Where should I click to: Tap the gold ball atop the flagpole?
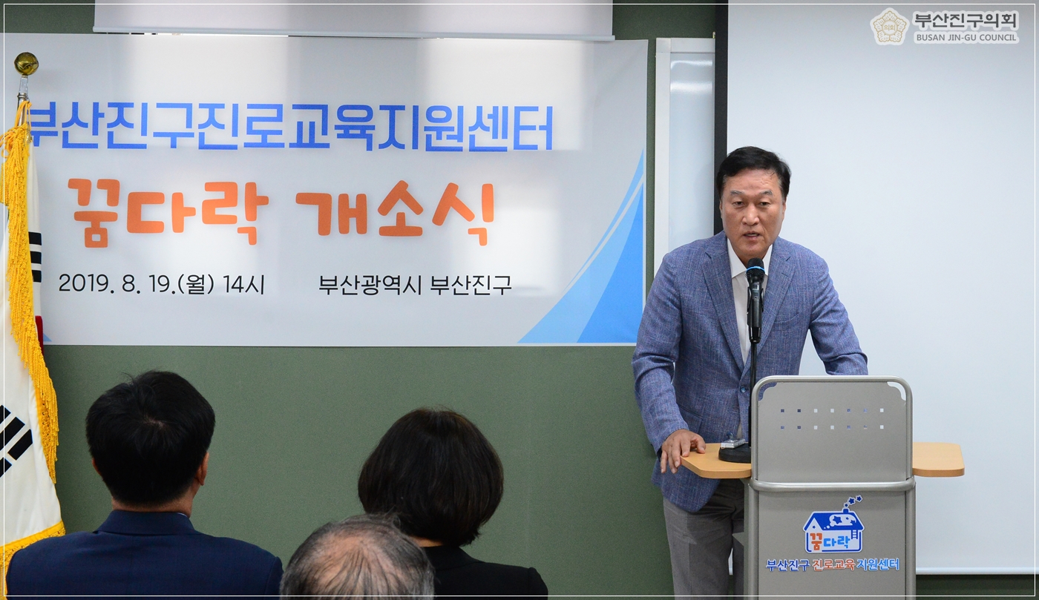tap(26, 64)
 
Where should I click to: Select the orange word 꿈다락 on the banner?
tap(168, 209)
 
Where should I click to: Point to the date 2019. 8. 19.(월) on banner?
tap(137, 284)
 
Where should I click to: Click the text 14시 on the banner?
tap(243, 285)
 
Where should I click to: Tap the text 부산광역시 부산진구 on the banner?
tap(415, 285)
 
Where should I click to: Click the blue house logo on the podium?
tap(833, 527)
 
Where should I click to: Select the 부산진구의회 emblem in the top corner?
tap(889, 27)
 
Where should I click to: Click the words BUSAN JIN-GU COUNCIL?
tap(966, 37)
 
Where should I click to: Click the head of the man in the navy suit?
tap(149, 437)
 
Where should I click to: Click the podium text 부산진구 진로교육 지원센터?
tap(832, 564)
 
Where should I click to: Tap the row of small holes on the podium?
tap(831, 419)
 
